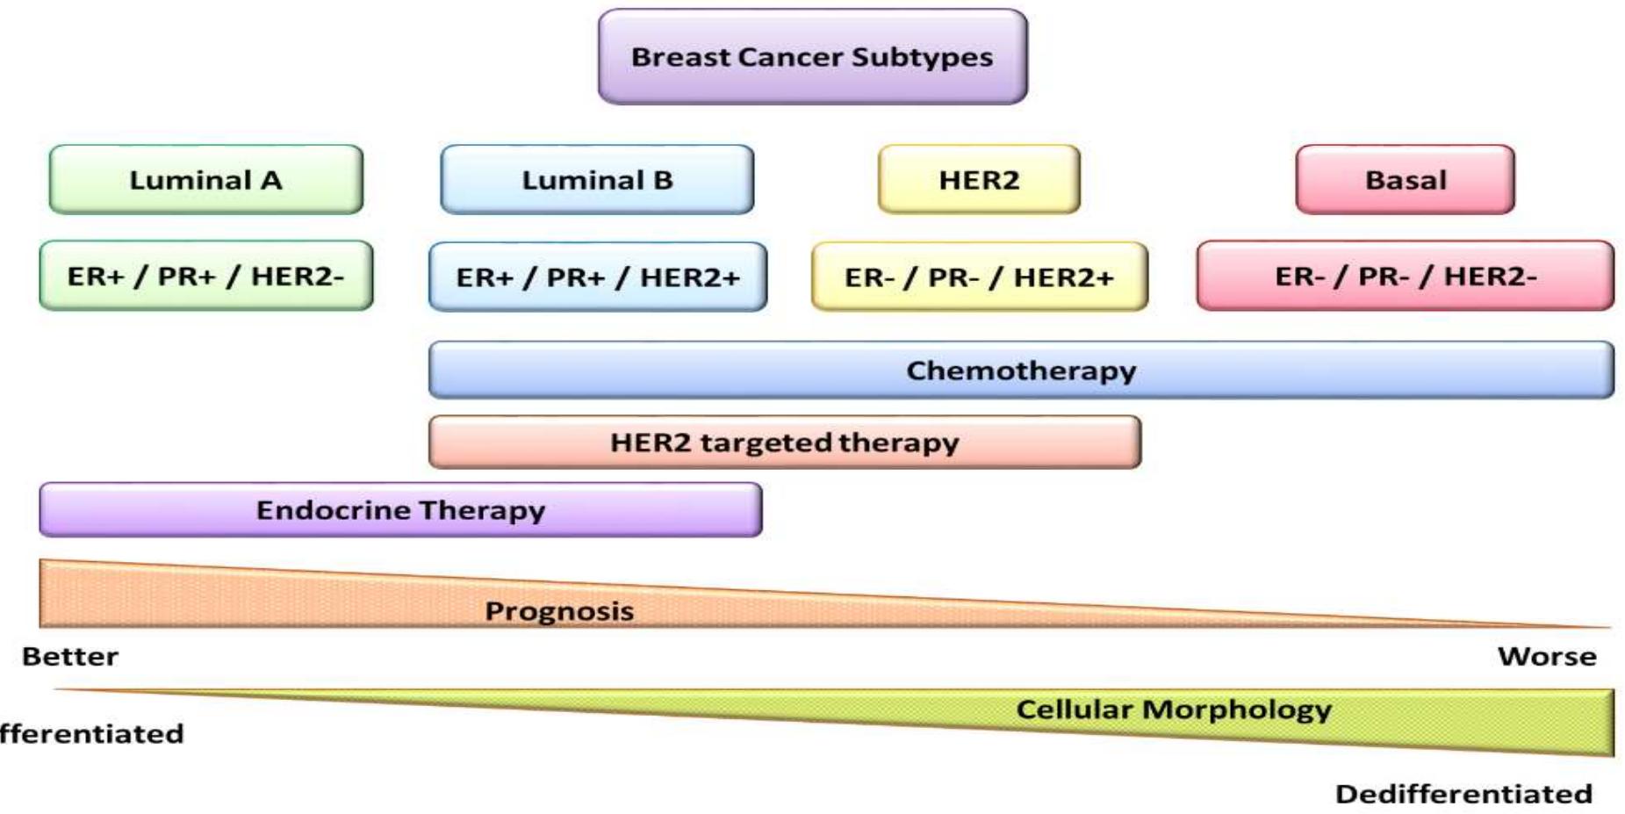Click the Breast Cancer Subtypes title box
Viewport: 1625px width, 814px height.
(812, 57)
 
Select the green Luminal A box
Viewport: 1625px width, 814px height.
(205, 180)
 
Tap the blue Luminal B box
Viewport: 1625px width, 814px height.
(597, 180)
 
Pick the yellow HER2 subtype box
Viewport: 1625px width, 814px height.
(979, 180)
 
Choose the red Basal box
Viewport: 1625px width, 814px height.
(1405, 180)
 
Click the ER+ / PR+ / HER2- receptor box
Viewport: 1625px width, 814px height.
(205, 276)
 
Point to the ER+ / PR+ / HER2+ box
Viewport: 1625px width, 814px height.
(597, 277)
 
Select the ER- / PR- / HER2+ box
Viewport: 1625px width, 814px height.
(979, 277)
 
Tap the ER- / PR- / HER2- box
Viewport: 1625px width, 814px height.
(1405, 276)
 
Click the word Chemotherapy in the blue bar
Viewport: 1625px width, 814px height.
(1021, 371)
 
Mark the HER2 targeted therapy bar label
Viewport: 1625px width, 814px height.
(784, 443)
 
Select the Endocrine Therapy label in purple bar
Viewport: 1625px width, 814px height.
(400, 510)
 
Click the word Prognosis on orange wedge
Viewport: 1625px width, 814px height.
(559, 611)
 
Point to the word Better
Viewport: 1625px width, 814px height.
(70, 657)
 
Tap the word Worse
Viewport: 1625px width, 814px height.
(1547, 657)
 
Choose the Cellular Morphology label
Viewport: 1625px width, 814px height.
(1173, 710)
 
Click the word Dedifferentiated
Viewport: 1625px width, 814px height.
(1463, 794)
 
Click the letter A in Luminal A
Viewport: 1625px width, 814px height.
(270, 180)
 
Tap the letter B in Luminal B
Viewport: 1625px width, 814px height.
(663, 180)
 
